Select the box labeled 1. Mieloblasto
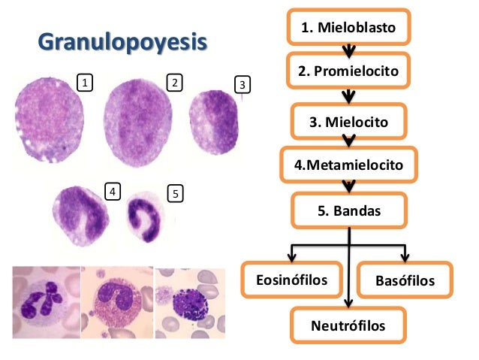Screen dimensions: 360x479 tap(348, 28)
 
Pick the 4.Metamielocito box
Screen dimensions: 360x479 tap(348, 164)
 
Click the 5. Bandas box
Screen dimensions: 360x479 tap(348, 211)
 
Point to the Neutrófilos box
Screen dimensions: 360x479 tap(348, 326)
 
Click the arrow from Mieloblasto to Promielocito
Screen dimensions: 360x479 tap(348, 51)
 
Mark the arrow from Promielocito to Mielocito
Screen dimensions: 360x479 tap(348, 96)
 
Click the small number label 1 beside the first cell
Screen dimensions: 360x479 tap(86, 80)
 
